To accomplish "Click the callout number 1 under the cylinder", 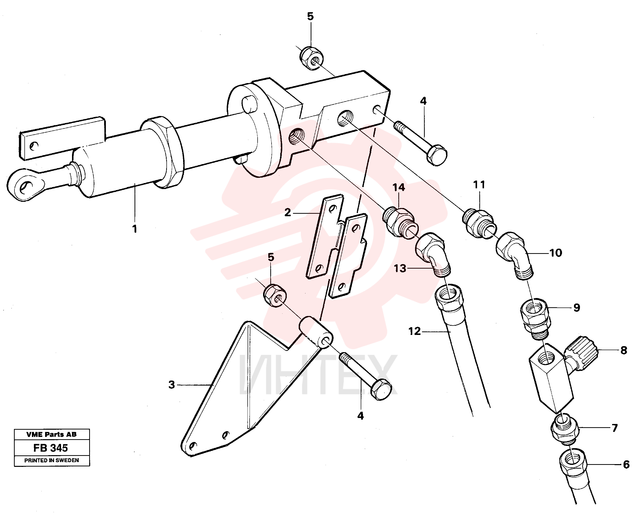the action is click(135, 229).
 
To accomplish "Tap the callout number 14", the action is click(399, 187).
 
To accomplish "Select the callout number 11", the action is click(479, 185).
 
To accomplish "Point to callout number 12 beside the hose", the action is click(414, 331).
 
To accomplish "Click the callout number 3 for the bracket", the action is click(172, 385).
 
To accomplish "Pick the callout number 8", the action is click(624, 350).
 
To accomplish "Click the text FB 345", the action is click(51, 448).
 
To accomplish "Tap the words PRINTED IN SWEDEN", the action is click(52, 460).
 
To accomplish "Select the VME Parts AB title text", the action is click(52, 434).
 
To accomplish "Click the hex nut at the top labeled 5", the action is click(311, 58).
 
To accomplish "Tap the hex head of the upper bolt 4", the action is click(436, 155).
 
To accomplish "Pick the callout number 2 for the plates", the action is click(287, 212).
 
